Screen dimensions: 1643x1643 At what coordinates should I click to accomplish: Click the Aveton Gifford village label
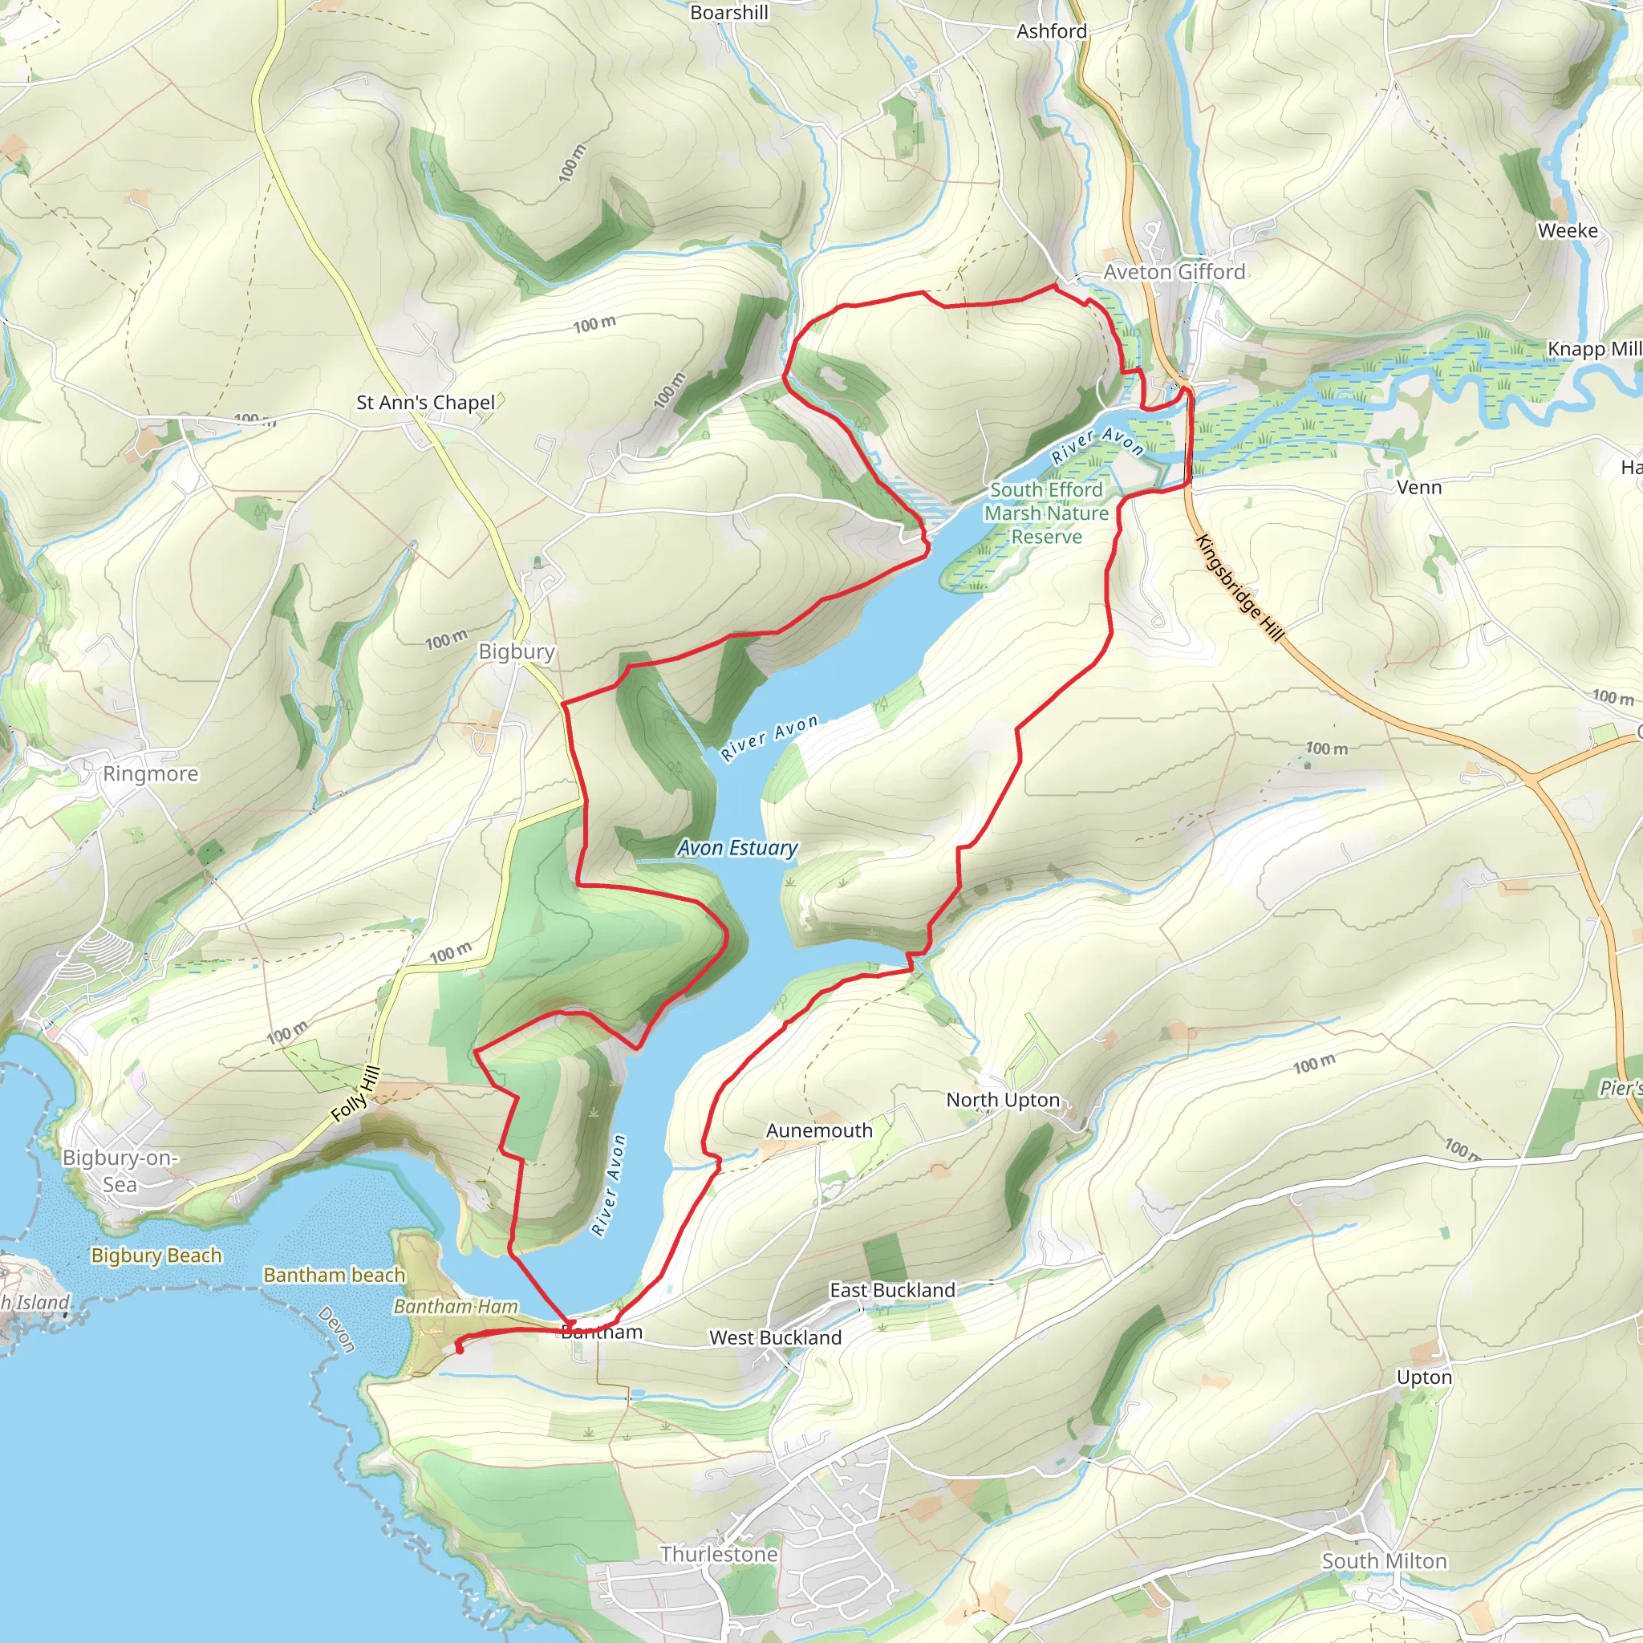tap(1174, 272)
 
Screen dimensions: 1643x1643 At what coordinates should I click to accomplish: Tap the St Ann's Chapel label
tap(425, 402)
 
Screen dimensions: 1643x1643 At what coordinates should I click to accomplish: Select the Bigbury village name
tap(516, 651)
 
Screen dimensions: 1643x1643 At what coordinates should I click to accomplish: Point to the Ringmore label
tap(151, 774)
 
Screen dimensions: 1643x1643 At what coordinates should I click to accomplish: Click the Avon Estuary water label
tap(737, 848)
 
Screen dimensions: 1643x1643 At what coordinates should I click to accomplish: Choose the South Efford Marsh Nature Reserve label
tap(1046, 513)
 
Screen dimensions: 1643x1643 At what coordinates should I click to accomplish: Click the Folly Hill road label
tap(355, 1093)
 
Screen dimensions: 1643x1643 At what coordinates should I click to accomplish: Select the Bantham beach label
tap(335, 1275)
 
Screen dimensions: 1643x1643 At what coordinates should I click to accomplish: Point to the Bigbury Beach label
tap(156, 1256)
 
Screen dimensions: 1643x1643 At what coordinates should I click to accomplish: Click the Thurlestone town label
tap(720, 1555)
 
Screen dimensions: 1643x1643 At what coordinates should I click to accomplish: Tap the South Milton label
tap(1384, 1561)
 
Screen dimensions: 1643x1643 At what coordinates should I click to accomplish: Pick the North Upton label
tap(1003, 1101)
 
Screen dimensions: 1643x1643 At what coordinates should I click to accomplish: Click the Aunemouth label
tap(819, 1131)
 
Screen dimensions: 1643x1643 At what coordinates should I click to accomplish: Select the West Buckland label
tap(775, 1337)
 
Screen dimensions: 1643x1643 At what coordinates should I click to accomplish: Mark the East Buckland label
tap(892, 1290)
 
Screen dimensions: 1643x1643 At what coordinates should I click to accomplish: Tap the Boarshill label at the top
tap(728, 13)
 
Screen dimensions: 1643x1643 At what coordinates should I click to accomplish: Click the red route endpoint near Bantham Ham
tap(459, 1349)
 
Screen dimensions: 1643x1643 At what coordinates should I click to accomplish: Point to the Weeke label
tap(1568, 230)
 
